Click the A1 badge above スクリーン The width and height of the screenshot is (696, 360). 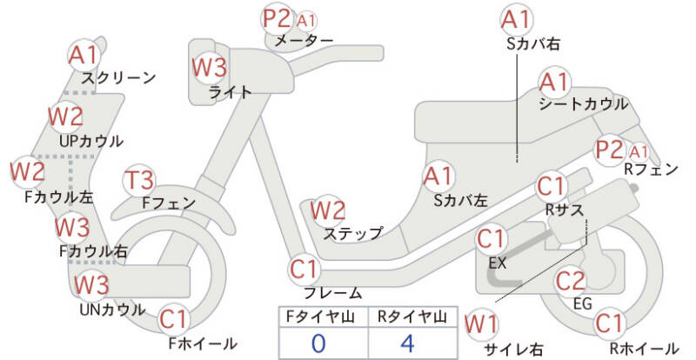point(84,55)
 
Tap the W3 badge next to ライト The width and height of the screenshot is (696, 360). point(209,66)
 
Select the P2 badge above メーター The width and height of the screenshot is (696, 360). point(279,18)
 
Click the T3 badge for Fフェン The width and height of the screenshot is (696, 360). point(139,180)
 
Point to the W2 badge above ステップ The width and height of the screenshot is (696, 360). point(328,210)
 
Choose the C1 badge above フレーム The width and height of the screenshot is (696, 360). point(304,268)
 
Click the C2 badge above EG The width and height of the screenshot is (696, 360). point(570,281)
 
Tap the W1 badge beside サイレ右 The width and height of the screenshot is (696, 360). point(481,324)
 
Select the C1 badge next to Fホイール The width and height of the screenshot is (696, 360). point(174,318)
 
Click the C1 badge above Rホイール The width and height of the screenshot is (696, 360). point(611,323)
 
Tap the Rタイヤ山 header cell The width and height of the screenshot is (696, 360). point(406,317)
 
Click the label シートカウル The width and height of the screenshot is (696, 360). point(583,103)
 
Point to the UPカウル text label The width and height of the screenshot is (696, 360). point(91,140)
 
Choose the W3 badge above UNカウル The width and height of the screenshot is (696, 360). point(90,284)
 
